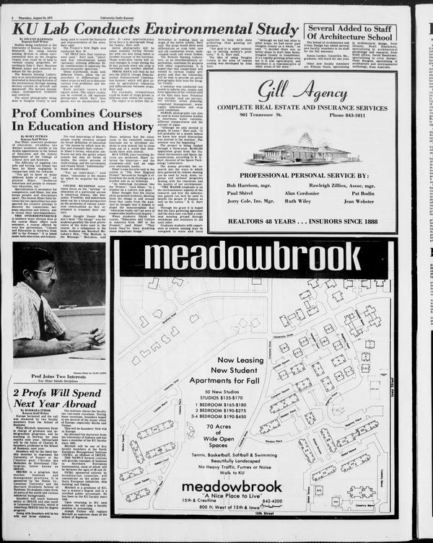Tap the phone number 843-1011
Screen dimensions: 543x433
pos(350,115)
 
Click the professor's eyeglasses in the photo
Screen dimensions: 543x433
pos(45,272)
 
